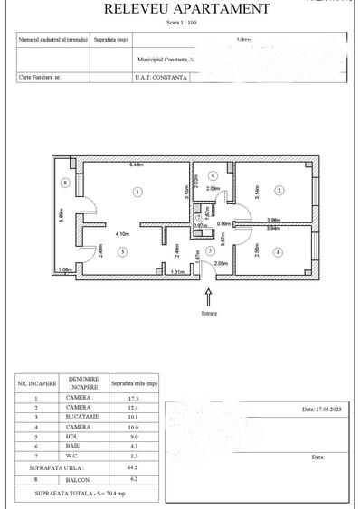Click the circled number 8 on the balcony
click(64, 183)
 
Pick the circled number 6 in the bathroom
click(213, 175)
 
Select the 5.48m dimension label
click(137, 165)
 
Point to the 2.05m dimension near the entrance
click(222, 263)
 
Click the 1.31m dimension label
click(177, 271)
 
